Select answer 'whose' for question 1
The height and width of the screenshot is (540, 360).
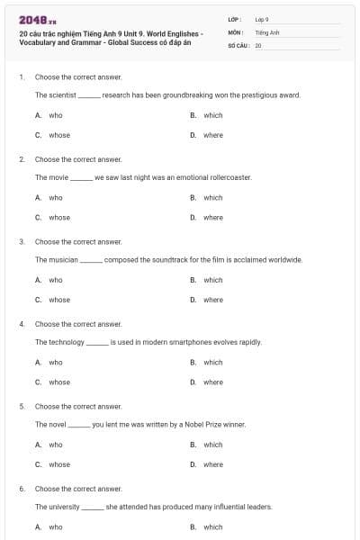pyautogui.click(x=58, y=135)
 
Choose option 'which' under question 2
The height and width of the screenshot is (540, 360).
pyautogui.click(x=212, y=197)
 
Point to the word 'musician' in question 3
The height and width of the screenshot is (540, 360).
pyautogui.click(x=63, y=259)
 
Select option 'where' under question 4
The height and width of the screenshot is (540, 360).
pyautogui.click(x=212, y=382)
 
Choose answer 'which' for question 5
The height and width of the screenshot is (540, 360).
pyautogui.click(x=212, y=445)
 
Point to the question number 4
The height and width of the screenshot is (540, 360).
pyautogui.click(x=22, y=323)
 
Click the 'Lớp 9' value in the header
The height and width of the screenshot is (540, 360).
pyautogui.click(x=262, y=19)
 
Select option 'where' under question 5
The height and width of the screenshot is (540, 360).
pyautogui.click(x=212, y=464)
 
